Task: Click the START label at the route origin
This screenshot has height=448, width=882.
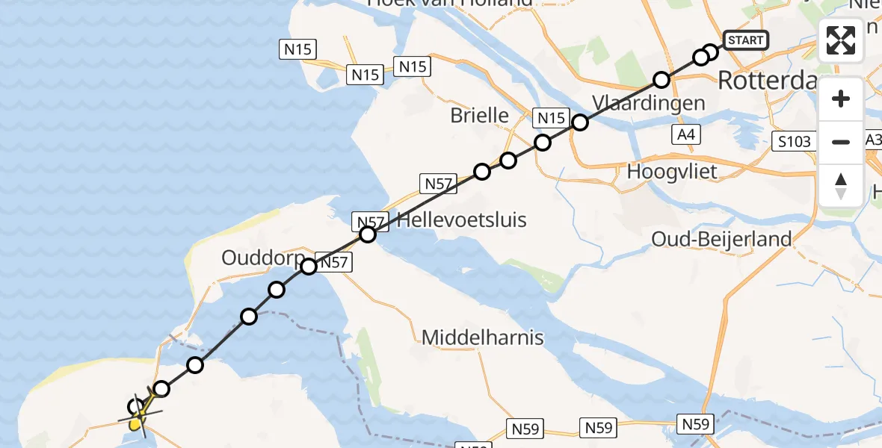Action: pos(745,40)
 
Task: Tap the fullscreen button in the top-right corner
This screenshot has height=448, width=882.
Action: pos(841,40)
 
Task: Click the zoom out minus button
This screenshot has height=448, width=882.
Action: pos(841,141)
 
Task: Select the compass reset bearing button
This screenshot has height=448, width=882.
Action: pos(841,185)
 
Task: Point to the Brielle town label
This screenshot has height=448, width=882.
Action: pos(479,116)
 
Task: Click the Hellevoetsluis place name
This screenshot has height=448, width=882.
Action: pos(462,220)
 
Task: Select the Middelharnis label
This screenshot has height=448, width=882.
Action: pos(482,337)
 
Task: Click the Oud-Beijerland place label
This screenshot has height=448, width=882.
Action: pos(721,239)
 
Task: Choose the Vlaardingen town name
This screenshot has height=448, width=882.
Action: pos(648,102)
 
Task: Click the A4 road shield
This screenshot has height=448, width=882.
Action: pos(685,135)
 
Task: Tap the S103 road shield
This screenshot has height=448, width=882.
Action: pos(792,140)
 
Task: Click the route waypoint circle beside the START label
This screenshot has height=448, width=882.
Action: pos(710,52)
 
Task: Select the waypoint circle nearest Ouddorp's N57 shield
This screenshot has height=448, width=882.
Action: pos(309,266)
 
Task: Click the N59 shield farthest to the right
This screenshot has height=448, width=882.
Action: pos(695,424)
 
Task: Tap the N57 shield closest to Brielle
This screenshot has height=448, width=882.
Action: pos(439,183)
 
